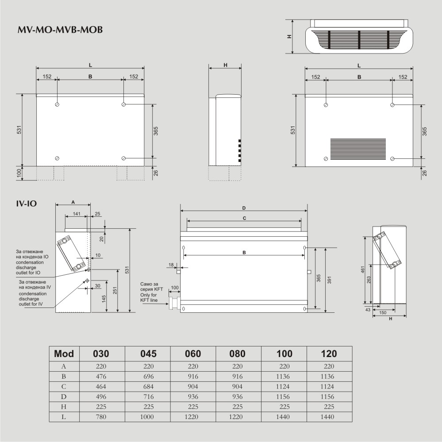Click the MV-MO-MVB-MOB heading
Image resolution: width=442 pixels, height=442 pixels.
pos(60,30)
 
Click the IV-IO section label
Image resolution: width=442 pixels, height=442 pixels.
pos(26,204)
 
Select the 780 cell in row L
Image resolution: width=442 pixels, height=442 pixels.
pos(100,417)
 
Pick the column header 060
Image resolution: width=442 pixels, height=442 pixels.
pos(192,354)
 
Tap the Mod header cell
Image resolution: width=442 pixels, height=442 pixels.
pos(64,354)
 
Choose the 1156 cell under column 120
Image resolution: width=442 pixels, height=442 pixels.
pos(329,397)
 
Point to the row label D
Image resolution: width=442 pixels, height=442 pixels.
pos(64,397)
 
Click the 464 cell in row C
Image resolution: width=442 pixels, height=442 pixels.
pos(100,387)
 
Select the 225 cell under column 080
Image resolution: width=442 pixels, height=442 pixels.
pos(238,407)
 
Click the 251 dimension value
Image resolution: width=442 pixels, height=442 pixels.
pos(114,290)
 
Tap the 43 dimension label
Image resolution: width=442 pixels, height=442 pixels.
pos(368,310)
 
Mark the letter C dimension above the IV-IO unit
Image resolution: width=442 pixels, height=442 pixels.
pos(244,218)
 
